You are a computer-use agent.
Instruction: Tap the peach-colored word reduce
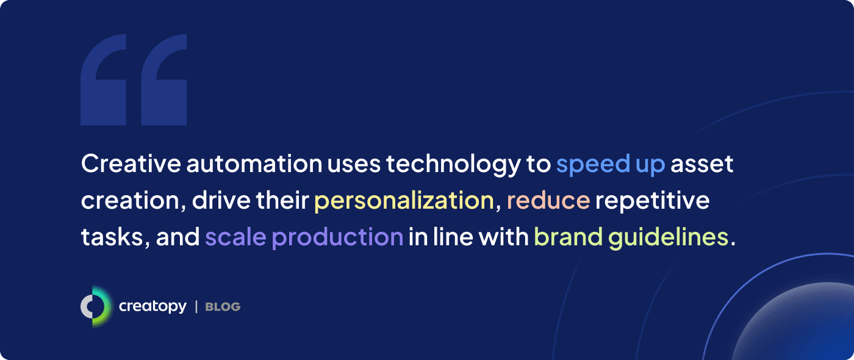tap(548, 201)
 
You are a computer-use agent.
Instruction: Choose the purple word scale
tap(235, 237)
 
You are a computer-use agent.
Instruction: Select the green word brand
tap(568, 237)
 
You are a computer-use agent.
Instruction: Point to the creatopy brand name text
tap(152, 306)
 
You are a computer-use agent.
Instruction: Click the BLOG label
tap(223, 307)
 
